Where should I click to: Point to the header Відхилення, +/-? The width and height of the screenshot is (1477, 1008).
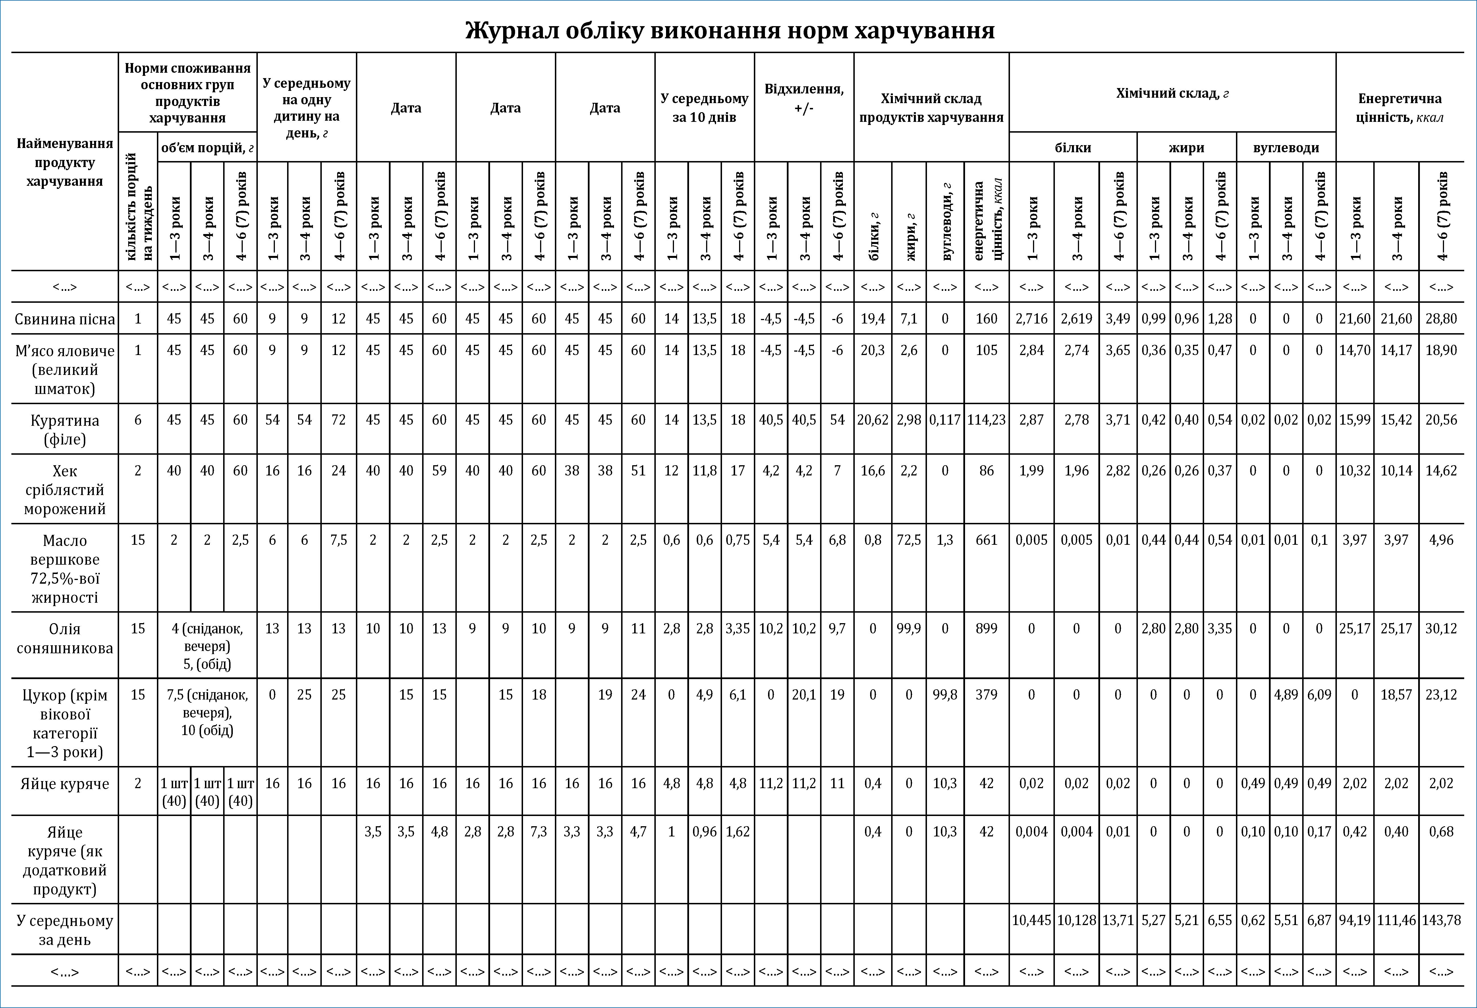click(804, 99)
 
